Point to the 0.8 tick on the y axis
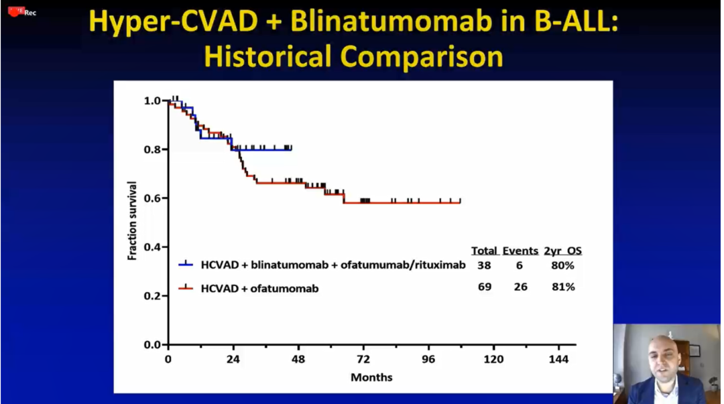pos(153,149)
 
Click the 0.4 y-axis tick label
pos(153,247)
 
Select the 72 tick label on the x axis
pos(363,359)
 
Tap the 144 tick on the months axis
pos(558,359)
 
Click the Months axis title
pos(371,377)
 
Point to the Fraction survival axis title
pos(132,220)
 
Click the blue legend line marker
pos(186,265)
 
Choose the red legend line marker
pos(186,287)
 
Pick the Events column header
pos(520,251)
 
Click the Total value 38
pos(484,265)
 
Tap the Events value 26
pos(520,287)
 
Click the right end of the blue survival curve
pos(291,149)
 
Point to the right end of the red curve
pos(460,202)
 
